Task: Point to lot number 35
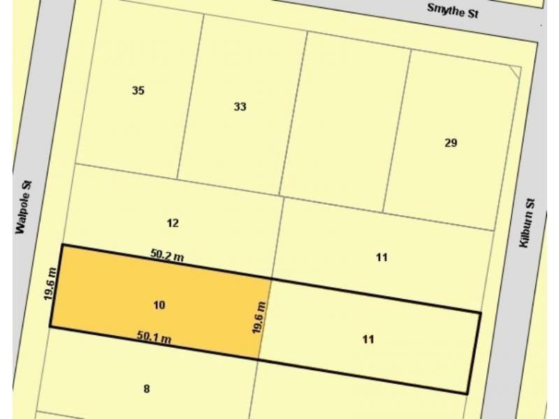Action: coord(138,90)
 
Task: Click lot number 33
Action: coord(240,107)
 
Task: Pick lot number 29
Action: coord(451,143)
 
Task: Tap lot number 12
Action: coord(173,223)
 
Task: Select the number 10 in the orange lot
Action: coord(159,305)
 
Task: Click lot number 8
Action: coord(146,389)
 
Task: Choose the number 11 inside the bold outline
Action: coord(368,339)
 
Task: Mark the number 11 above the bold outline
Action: coord(382,257)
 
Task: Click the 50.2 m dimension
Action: coord(167,256)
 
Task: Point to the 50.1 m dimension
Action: coord(154,337)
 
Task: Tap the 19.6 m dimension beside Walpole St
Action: coord(50,284)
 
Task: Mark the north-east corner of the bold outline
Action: coord(480,312)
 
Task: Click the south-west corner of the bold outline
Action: coord(50,326)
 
